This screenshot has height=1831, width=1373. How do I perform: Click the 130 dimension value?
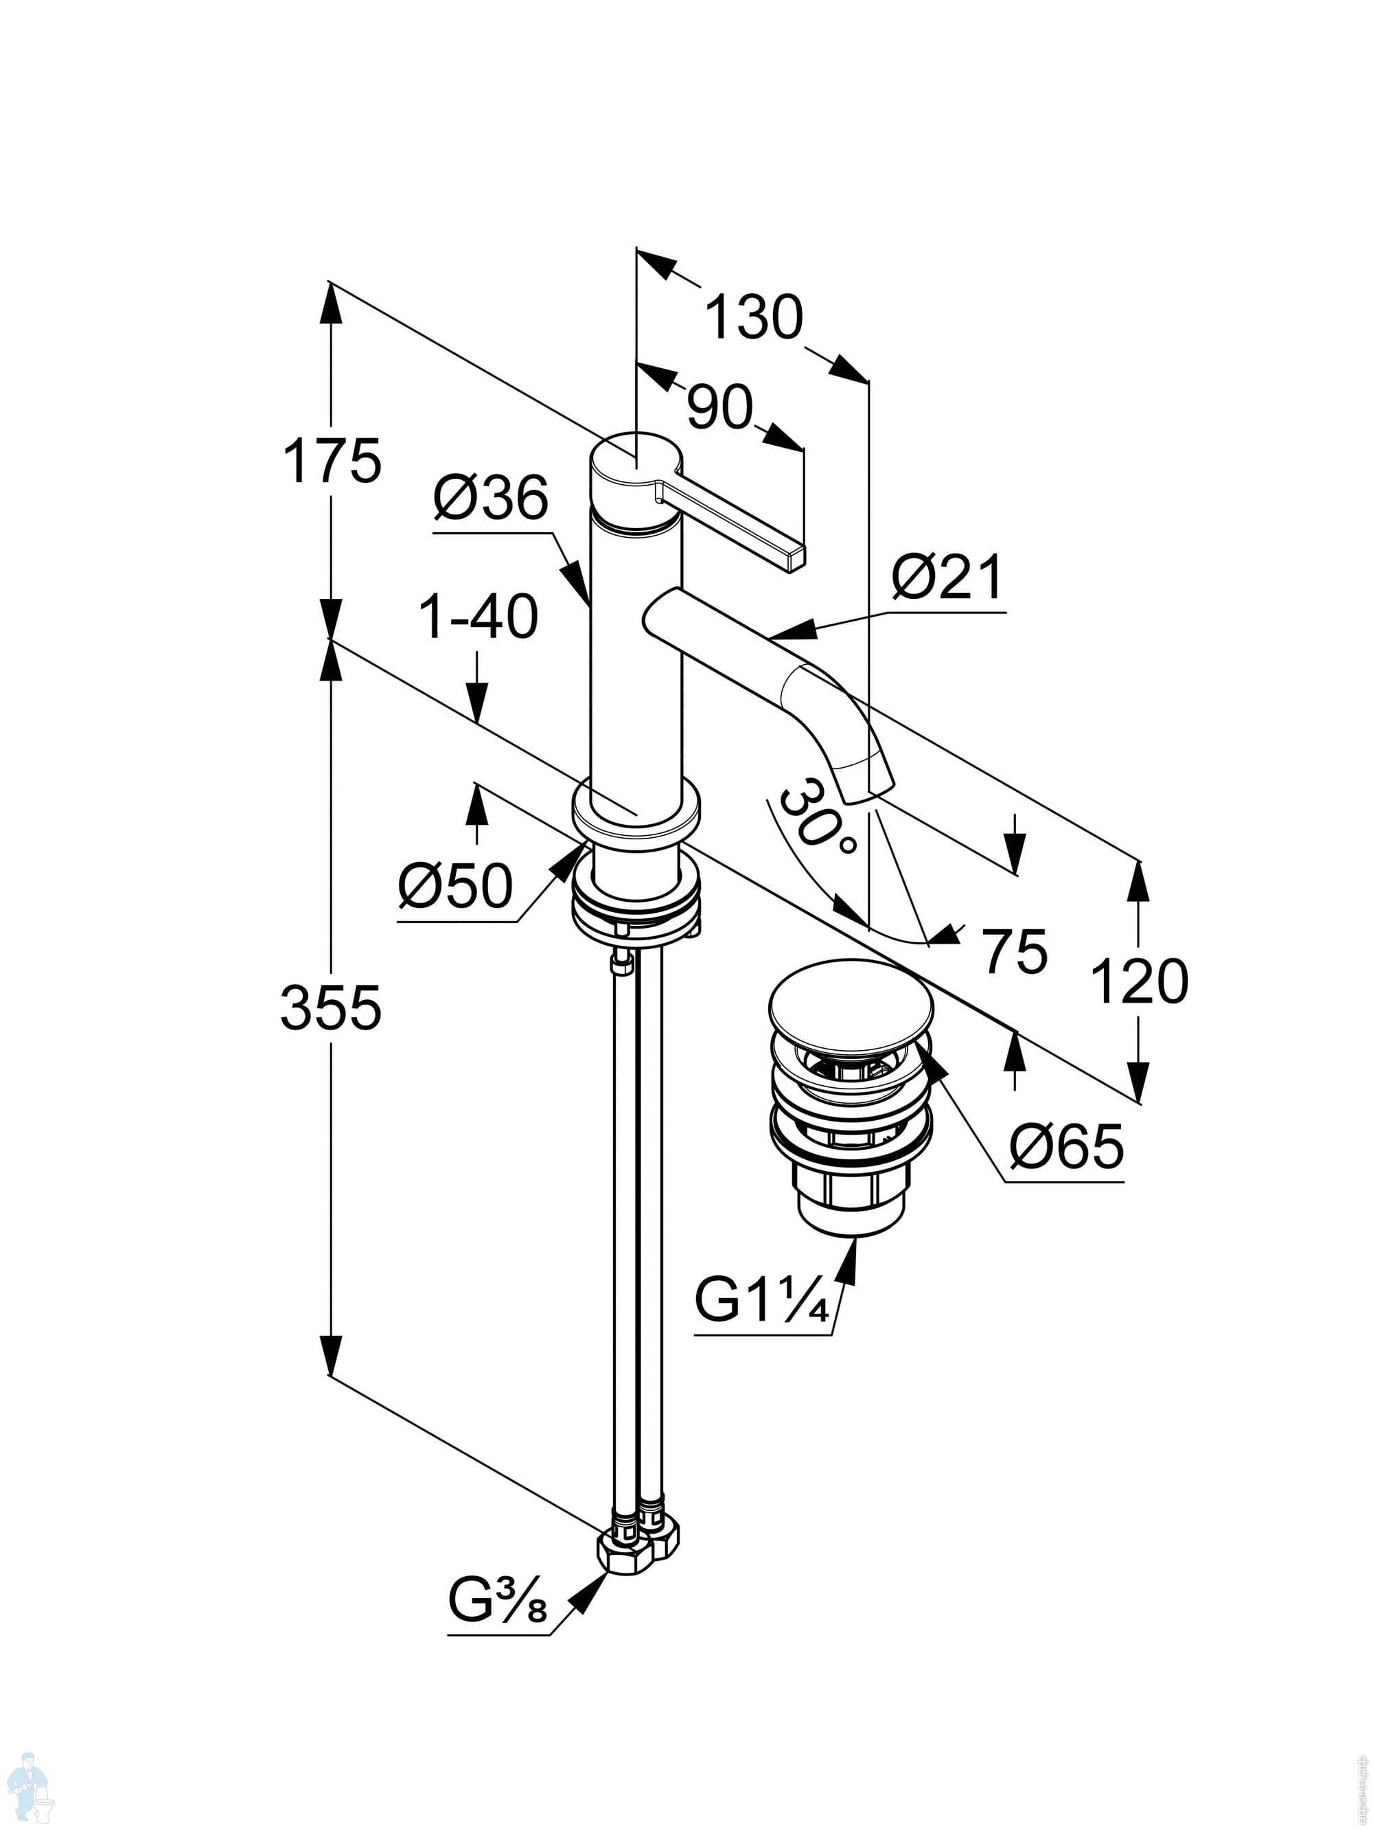[x=753, y=317]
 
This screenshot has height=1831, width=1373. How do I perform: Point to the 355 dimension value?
[x=331, y=1008]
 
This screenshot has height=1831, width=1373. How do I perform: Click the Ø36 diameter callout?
[x=491, y=499]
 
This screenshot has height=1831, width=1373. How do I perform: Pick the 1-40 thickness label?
[x=479, y=617]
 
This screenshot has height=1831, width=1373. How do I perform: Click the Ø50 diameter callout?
[x=455, y=886]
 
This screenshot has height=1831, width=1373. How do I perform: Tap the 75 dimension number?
[x=1015, y=951]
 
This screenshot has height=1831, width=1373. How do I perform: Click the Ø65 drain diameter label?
[x=1067, y=1146]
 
